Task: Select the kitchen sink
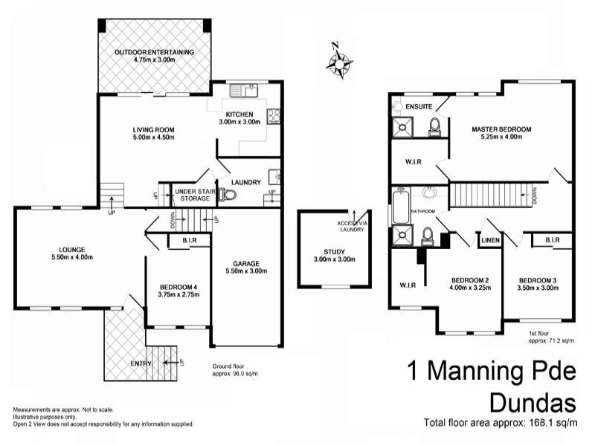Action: point(242,91)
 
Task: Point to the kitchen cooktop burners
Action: point(274,115)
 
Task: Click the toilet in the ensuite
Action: point(435,127)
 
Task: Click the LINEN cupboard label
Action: point(490,240)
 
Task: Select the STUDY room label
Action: point(324,251)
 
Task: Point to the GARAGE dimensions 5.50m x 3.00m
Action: point(246,271)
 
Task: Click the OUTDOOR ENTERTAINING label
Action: point(154,52)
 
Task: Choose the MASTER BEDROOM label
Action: point(501,129)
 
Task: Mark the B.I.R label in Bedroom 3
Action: point(551,240)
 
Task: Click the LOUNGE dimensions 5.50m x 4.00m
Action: point(61,257)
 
